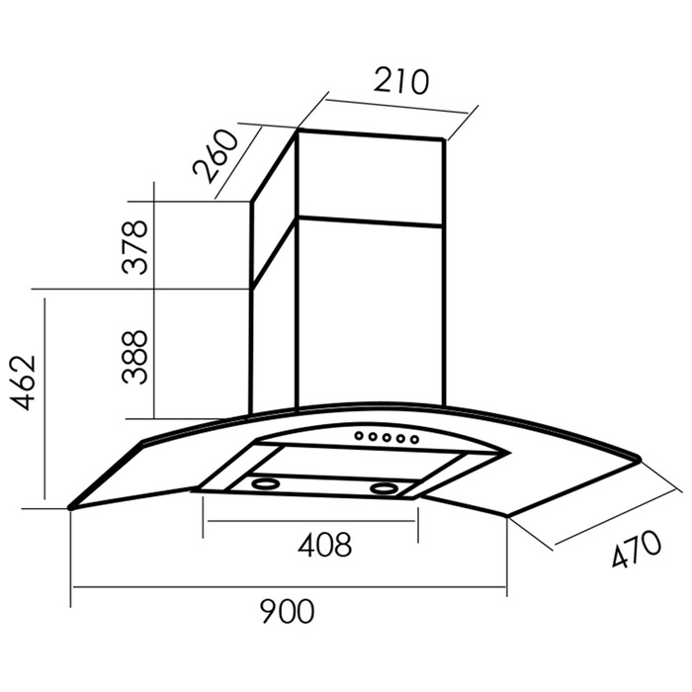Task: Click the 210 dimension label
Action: (400, 81)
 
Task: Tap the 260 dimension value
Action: (216, 155)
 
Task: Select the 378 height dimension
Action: (135, 247)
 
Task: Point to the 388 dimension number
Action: (135, 357)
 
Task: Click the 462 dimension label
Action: (23, 383)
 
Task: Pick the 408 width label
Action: (325, 545)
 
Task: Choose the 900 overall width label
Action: (288, 611)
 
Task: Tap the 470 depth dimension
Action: (637, 550)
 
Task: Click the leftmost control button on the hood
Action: (359, 436)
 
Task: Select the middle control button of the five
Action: (388, 438)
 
